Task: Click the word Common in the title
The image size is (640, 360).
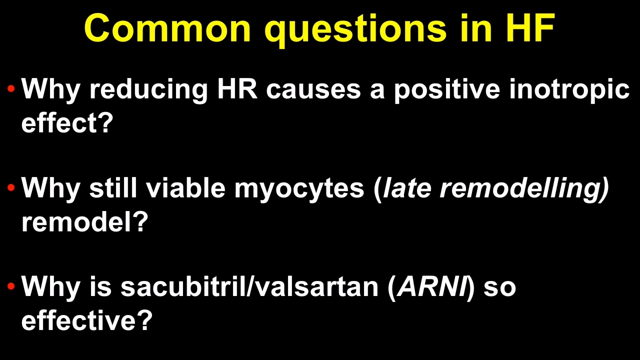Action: pos(167,28)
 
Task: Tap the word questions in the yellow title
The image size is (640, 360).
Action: pos(355,30)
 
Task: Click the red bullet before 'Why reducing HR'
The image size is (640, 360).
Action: pos(11,88)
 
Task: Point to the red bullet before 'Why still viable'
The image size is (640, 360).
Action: pos(11,187)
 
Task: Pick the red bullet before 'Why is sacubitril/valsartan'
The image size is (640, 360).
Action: pos(11,286)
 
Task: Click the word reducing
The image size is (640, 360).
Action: pos(148,90)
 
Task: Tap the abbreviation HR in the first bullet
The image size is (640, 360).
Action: pos(237,88)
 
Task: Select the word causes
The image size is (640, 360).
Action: pos(313,91)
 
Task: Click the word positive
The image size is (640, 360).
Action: pos(447,90)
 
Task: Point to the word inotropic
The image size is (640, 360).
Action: pos(569,90)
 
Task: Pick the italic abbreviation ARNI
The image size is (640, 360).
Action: pos(432,286)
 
